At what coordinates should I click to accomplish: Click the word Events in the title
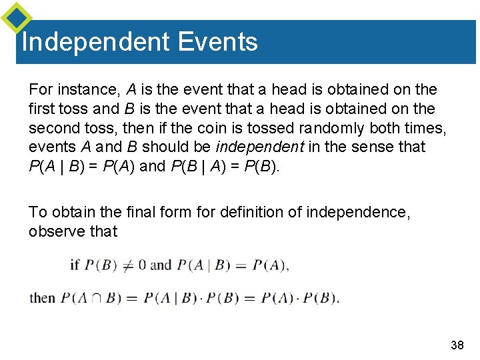pos(217,42)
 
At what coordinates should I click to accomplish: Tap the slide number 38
pos(457,345)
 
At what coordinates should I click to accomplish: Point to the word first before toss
pos(42,109)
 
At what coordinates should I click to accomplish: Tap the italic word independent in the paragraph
pos(253,147)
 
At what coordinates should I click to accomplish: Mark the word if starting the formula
pos(75,265)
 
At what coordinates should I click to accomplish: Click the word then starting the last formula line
pos(43,297)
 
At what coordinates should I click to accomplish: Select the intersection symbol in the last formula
pos(96,298)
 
